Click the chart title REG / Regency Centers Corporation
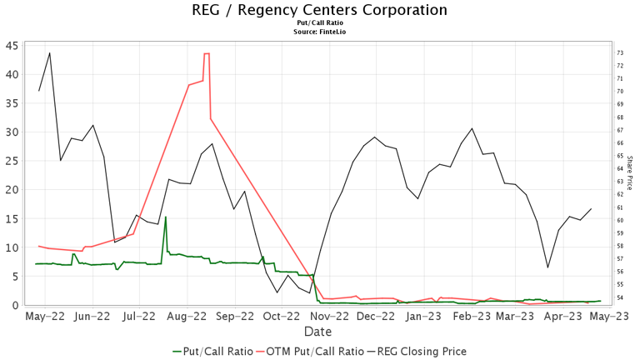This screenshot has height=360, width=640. [x=319, y=10]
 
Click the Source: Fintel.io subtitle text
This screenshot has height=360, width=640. [x=319, y=32]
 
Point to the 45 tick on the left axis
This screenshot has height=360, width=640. [x=13, y=45]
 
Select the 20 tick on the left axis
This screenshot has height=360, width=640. [x=13, y=189]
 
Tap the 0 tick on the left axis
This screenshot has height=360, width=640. [x=17, y=305]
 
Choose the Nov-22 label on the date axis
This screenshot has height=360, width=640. [x=328, y=317]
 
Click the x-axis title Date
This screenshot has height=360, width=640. [x=317, y=332]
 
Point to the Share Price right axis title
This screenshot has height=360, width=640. [x=630, y=172]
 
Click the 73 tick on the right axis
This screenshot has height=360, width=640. [x=620, y=52]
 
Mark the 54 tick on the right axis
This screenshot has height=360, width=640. [x=620, y=297]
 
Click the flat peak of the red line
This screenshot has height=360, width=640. [x=207, y=53]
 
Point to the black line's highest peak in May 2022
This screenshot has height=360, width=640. [x=50, y=52]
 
